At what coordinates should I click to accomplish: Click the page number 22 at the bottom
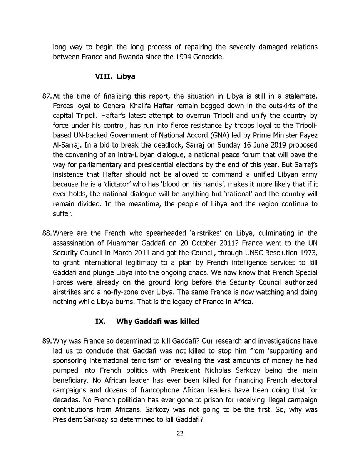pos(180,433)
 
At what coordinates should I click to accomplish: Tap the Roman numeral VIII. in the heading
pos(103,76)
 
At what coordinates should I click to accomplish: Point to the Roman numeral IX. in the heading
pos(100,321)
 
